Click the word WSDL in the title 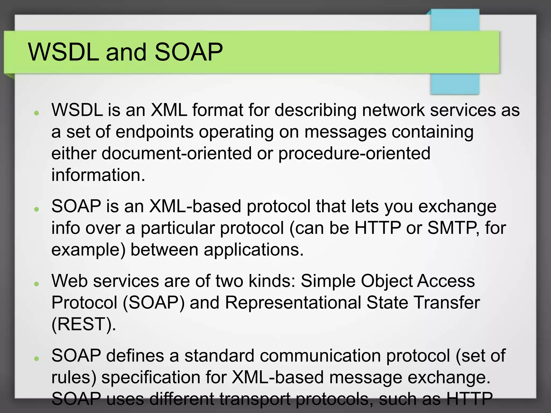click(x=63, y=52)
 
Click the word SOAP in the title click(x=189, y=52)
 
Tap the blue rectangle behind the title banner click(x=455, y=84)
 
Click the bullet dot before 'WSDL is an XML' click(x=37, y=113)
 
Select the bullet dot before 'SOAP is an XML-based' click(x=37, y=209)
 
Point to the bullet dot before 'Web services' click(x=37, y=284)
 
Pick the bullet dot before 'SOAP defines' click(x=37, y=358)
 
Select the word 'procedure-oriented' click(x=354, y=153)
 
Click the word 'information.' click(x=98, y=175)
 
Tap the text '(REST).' click(x=84, y=324)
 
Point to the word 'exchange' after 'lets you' click(x=457, y=206)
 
